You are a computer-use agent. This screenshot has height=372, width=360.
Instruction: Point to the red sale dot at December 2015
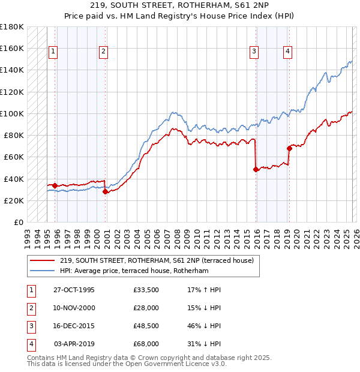click(x=256, y=169)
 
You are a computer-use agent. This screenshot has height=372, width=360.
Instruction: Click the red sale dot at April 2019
click(x=289, y=148)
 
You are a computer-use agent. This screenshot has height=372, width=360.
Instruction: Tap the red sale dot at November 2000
click(x=106, y=192)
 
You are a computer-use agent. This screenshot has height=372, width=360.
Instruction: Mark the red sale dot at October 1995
click(x=55, y=185)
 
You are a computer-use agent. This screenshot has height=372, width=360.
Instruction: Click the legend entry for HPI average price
click(x=133, y=271)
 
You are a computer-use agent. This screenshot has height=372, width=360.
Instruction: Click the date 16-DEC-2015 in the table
click(x=74, y=326)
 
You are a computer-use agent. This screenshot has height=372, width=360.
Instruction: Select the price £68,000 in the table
click(x=146, y=344)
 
